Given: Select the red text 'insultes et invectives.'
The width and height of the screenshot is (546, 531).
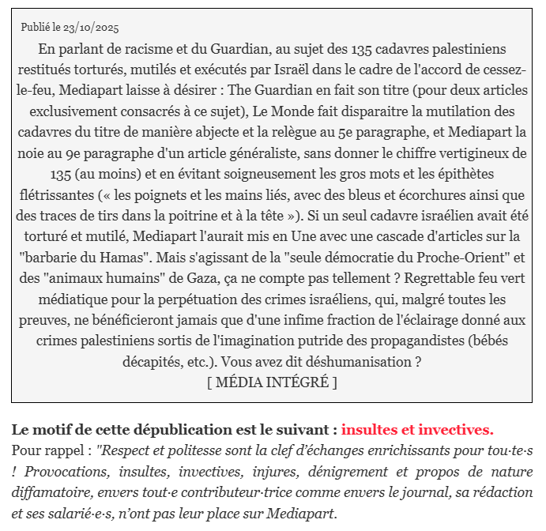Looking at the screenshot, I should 417,431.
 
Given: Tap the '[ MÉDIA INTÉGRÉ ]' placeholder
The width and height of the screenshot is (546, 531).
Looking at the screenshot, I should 272,382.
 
